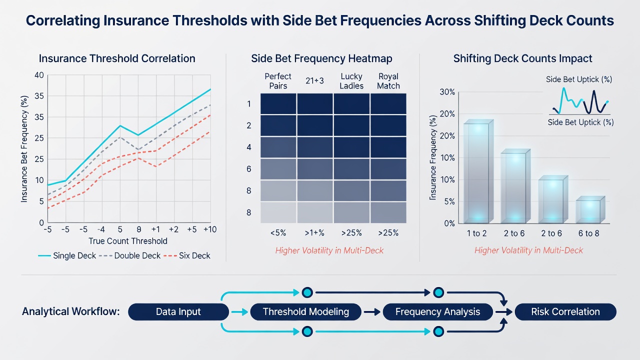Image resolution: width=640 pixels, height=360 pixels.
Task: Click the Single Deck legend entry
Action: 67,255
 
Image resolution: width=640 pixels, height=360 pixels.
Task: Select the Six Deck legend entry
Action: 187,255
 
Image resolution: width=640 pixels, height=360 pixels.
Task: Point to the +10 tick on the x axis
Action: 210,229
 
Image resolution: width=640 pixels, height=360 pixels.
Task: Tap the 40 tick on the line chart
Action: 39,75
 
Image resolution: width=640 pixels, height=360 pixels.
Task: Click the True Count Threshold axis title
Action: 127,241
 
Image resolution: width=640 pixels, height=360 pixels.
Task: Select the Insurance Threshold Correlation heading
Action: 117,58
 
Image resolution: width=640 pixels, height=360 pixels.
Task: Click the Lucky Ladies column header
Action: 351,81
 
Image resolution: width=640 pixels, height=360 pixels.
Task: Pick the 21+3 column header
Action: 314,81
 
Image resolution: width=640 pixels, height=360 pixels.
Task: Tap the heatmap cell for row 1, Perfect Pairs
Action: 278,103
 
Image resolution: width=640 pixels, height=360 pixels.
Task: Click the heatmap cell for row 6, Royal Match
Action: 388,169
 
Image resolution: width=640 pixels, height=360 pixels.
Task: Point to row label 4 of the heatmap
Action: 249,147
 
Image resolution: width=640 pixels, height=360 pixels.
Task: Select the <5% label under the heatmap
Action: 278,233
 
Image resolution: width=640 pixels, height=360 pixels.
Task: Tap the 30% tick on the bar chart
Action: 447,92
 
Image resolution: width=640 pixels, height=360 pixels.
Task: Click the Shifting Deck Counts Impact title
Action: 522,58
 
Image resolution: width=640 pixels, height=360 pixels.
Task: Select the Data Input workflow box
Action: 178,311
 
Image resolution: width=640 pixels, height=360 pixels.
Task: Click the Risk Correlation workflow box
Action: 565,311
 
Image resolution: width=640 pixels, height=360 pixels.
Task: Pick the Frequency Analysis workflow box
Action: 437,311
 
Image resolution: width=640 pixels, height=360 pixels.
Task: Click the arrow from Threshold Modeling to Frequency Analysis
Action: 372,312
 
